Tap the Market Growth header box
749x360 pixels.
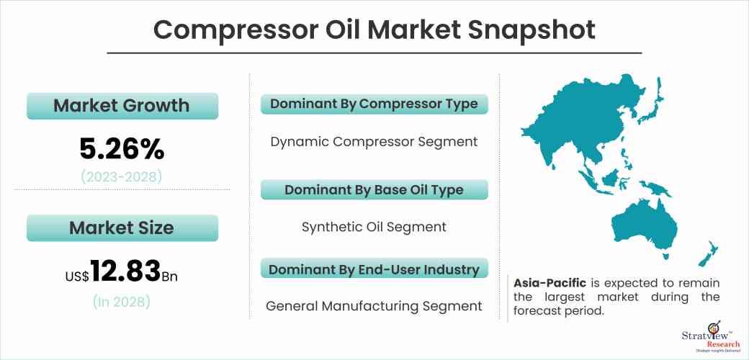pyautogui.click(x=121, y=106)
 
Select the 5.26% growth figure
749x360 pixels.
pyautogui.click(x=121, y=149)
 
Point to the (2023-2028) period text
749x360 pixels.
pyautogui.click(x=121, y=176)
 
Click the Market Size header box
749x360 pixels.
pyautogui.click(x=121, y=228)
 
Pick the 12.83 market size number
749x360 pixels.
pyautogui.click(x=125, y=271)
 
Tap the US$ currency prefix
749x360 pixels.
pyautogui.click(x=76, y=275)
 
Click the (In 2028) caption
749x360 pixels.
pyautogui.click(x=121, y=302)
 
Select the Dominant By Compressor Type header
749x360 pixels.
pyautogui.click(x=374, y=104)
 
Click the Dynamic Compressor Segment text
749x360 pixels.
pyautogui.click(x=374, y=142)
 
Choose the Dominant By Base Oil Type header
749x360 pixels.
pyautogui.click(x=374, y=190)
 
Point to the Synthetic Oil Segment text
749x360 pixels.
pyautogui.click(x=374, y=227)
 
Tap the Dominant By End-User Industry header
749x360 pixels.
pyautogui.click(x=374, y=270)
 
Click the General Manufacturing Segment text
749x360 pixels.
pyautogui.click(x=374, y=306)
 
